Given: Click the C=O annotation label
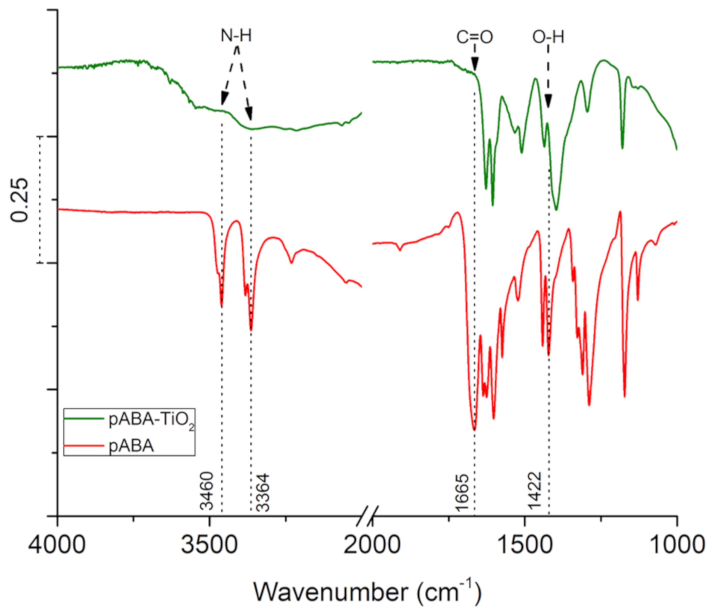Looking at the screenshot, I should click(x=474, y=37).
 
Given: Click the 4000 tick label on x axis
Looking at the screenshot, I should click(x=57, y=545).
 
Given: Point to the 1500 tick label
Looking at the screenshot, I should click(x=524, y=545).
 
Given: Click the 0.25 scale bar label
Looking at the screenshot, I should click(x=19, y=200).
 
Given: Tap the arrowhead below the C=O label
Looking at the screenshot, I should click(x=474, y=65).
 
